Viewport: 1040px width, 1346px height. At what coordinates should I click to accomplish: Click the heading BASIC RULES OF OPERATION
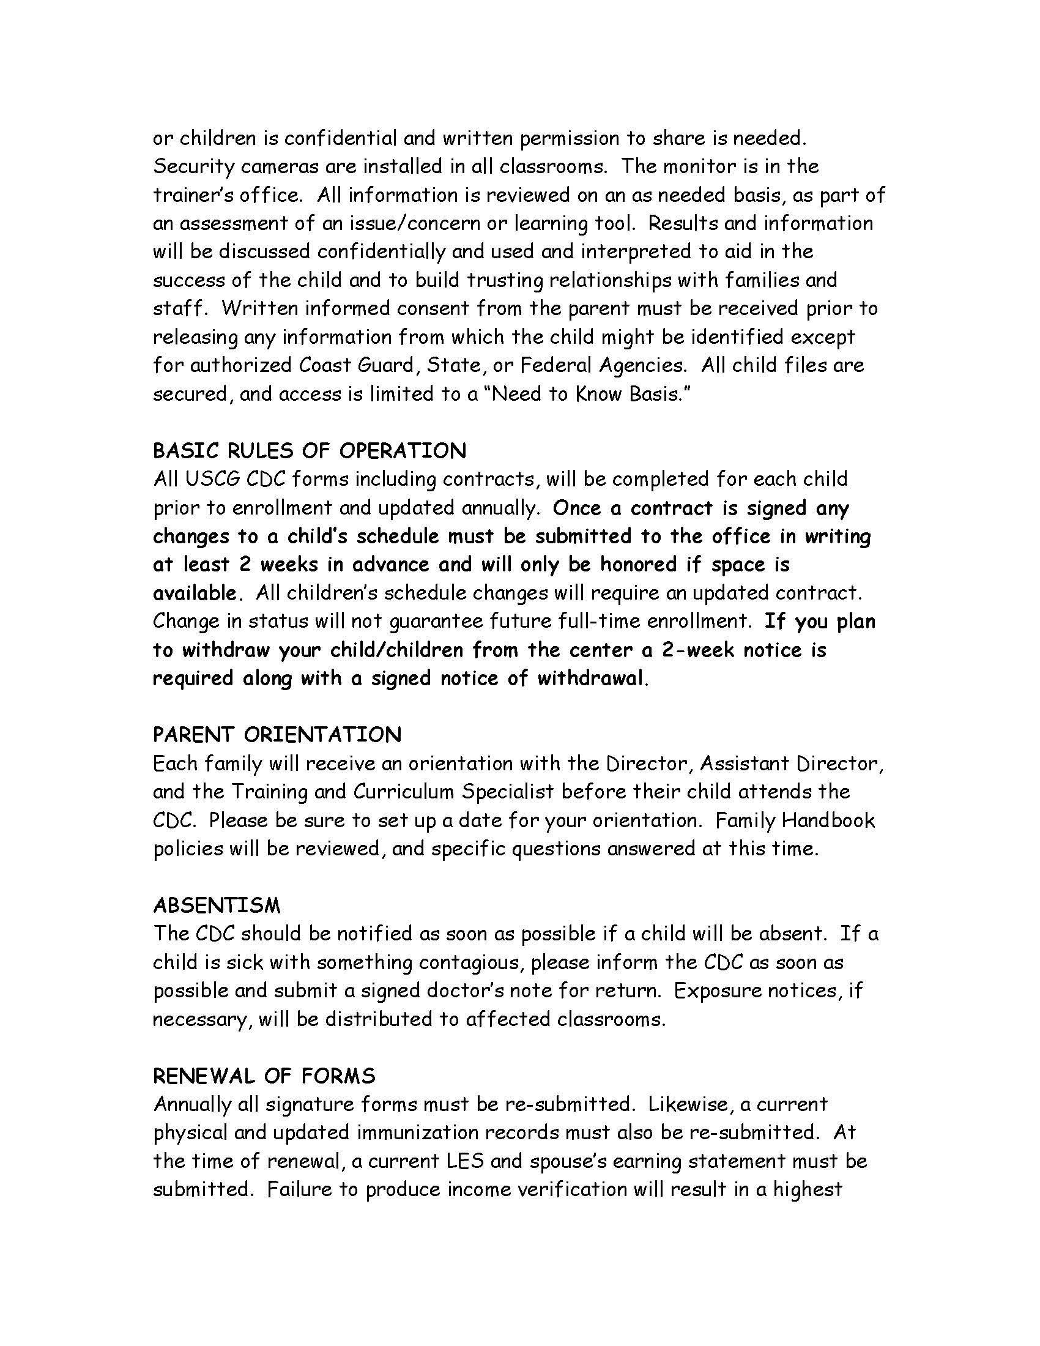coord(310,451)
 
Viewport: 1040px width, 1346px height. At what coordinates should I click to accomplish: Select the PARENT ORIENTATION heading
coord(277,735)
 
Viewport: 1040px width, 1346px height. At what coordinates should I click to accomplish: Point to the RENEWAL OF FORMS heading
coord(264,1076)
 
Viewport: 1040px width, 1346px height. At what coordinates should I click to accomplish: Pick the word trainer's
coord(191,195)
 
